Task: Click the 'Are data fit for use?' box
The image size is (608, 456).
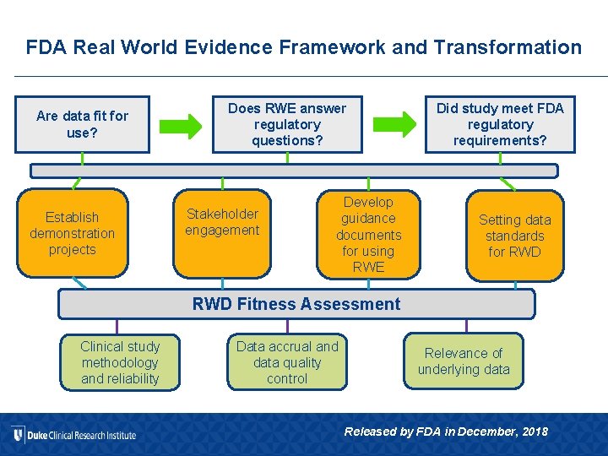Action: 82,124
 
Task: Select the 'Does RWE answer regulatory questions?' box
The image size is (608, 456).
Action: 286,124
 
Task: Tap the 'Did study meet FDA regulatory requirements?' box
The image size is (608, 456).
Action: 499,124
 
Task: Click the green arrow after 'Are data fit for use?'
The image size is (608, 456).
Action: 181,125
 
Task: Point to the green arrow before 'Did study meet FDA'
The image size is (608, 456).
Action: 395,124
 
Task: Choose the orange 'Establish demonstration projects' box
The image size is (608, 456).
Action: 73,233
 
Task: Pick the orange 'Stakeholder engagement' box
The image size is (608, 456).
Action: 222,233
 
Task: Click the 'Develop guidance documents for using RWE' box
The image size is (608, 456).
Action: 368,234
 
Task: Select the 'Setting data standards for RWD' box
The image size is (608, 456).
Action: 514,235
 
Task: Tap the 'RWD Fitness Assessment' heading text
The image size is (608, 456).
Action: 296,304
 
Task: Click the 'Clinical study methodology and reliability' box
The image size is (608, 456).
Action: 119,362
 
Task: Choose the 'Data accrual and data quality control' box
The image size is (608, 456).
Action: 287,362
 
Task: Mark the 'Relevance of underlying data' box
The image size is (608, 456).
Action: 464,361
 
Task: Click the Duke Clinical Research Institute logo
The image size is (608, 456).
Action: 74,435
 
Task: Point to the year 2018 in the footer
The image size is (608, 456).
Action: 535,432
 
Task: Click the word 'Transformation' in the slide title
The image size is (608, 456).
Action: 507,47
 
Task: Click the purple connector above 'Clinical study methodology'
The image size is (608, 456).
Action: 117,326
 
